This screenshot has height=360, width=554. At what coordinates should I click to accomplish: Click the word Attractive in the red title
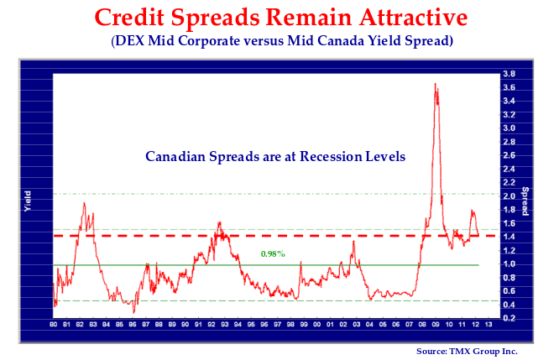tap(413, 18)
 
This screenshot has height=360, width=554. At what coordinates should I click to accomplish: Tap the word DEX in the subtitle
tap(129, 40)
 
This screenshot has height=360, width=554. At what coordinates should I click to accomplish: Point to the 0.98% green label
tap(273, 253)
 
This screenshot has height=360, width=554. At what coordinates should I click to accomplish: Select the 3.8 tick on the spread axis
tap(510, 74)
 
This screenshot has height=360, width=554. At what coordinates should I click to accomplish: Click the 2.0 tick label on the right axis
tap(510, 196)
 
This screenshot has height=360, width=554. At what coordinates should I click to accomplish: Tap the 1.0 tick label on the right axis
tap(510, 264)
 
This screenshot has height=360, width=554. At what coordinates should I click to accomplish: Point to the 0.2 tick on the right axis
tap(510, 319)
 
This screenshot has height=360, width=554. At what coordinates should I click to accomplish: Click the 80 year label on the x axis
tap(54, 324)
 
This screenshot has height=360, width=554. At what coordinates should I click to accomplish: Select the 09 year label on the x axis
tap(436, 324)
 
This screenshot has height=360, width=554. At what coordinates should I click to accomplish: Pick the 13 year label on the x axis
tap(489, 324)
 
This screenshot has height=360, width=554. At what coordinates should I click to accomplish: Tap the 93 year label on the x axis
tap(225, 324)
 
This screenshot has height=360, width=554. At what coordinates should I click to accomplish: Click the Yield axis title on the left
tap(28, 201)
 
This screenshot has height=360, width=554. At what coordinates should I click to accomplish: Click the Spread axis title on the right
tap(525, 201)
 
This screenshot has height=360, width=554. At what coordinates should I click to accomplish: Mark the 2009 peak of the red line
tap(435, 83)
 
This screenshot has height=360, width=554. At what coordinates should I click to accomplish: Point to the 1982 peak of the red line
tap(84, 202)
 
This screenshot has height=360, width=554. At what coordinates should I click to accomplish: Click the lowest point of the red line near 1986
tap(133, 313)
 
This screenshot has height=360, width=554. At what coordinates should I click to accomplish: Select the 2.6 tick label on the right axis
tap(510, 155)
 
